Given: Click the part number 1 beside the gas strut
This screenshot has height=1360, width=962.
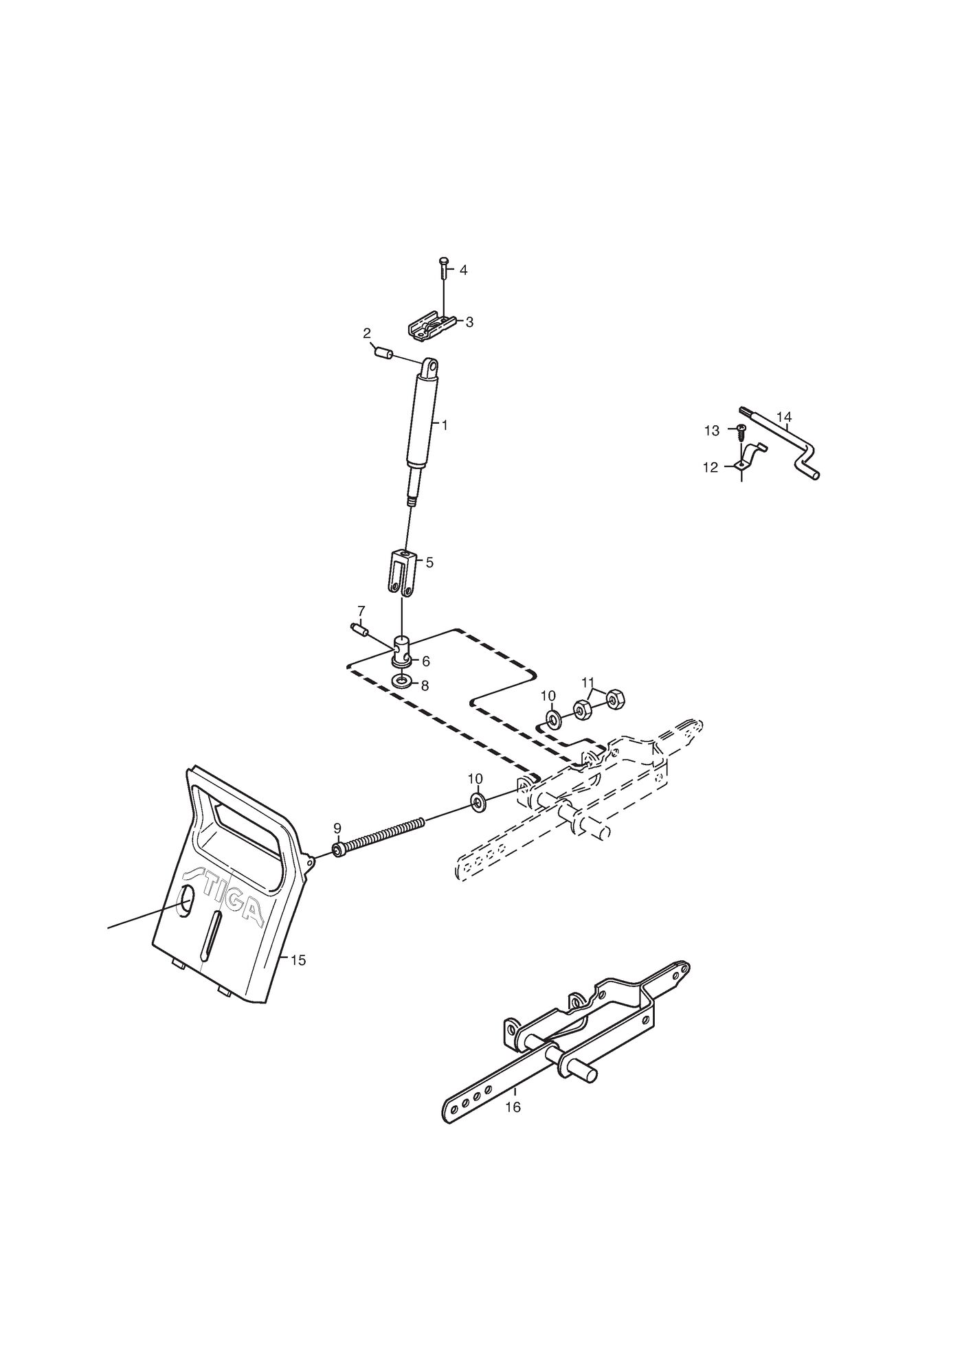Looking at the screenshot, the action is (445, 426).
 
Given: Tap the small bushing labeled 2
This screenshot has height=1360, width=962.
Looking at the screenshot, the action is (383, 354).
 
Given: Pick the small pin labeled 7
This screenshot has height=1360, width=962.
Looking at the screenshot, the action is (359, 629).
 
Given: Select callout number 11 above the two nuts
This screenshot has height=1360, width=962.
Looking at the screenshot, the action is (588, 682).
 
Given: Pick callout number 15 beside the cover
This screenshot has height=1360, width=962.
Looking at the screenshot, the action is (298, 960).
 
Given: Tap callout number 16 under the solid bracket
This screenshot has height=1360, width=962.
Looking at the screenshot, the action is (513, 1107).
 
